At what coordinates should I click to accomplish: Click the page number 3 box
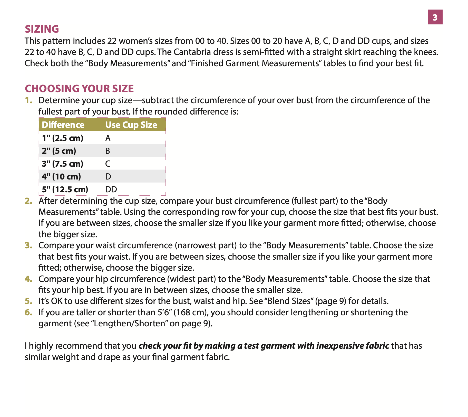point(435,17)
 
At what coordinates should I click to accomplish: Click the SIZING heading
point(42,29)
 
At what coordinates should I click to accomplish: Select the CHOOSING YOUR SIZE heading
point(79,89)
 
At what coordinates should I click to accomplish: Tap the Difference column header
point(63,125)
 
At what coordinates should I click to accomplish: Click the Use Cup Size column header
point(131,125)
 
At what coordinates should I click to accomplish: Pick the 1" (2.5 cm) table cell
point(63,138)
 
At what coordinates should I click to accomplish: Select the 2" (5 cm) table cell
point(59,151)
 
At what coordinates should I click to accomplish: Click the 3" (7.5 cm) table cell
point(63,164)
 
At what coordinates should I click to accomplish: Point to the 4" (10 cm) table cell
point(61,177)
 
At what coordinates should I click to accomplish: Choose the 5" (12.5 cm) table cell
point(65,189)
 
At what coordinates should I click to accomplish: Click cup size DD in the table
point(111,189)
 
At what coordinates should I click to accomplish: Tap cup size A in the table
point(108,138)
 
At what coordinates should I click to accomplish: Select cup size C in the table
point(108,164)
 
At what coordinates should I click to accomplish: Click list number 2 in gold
point(28,201)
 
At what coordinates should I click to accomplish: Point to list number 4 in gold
point(28,279)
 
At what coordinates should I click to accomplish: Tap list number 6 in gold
point(28,312)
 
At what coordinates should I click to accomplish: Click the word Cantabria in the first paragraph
point(187,52)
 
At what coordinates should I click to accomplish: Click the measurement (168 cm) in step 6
point(190,312)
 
